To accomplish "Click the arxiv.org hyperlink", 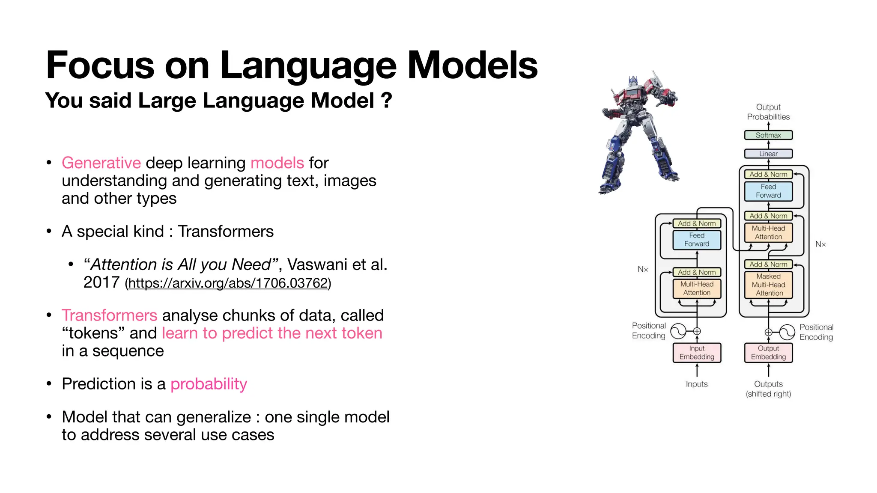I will pyautogui.click(x=228, y=283).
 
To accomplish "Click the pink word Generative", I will pyautogui.click(x=101, y=163).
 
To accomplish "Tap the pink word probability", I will pyautogui.click(x=209, y=384).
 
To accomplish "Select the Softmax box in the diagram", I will pyautogui.click(x=768, y=135).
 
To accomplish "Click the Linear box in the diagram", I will pyautogui.click(x=768, y=154).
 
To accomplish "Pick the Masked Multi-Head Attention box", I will pyautogui.click(x=768, y=285).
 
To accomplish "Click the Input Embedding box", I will pyautogui.click(x=697, y=353).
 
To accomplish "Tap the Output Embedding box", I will pyautogui.click(x=768, y=353).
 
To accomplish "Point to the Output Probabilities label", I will pyautogui.click(x=768, y=112).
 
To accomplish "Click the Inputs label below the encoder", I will pyautogui.click(x=697, y=384).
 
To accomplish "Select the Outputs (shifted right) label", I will pyautogui.click(x=768, y=389).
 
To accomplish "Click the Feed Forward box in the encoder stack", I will pyautogui.click(x=697, y=240).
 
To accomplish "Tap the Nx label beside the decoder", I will pyautogui.click(x=820, y=244).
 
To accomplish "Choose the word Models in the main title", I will pyautogui.click(x=472, y=65).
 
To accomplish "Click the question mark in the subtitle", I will pyautogui.click(x=386, y=101).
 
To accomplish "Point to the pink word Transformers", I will pyautogui.click(x=110, y=315).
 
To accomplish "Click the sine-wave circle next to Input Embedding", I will pyautogui.click(x=678, y=331).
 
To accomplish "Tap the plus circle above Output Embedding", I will pyautogui.click(x=768, y=332).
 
